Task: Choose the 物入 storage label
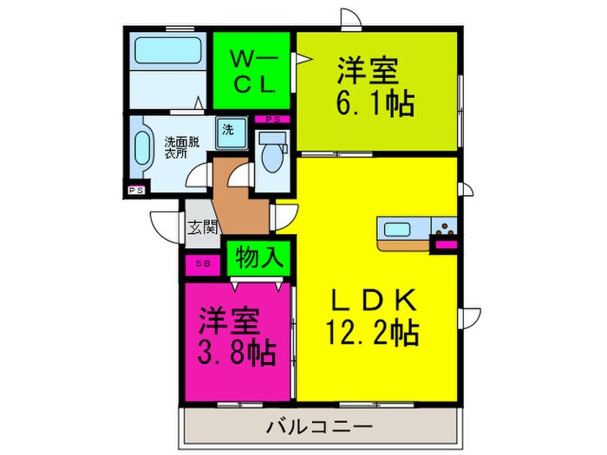coord(258,258)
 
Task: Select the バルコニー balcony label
coord(319,427)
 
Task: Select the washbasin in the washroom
coord(144,148)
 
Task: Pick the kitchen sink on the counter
coord(400,231)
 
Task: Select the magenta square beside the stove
coord(447,246)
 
